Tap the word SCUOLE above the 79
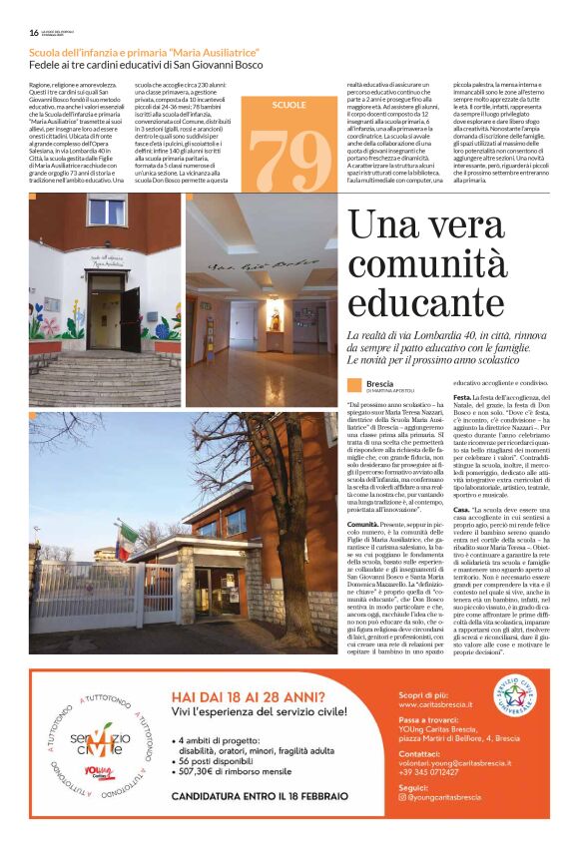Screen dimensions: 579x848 pos(289,104)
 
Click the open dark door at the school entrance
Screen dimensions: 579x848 pos(131,319)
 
